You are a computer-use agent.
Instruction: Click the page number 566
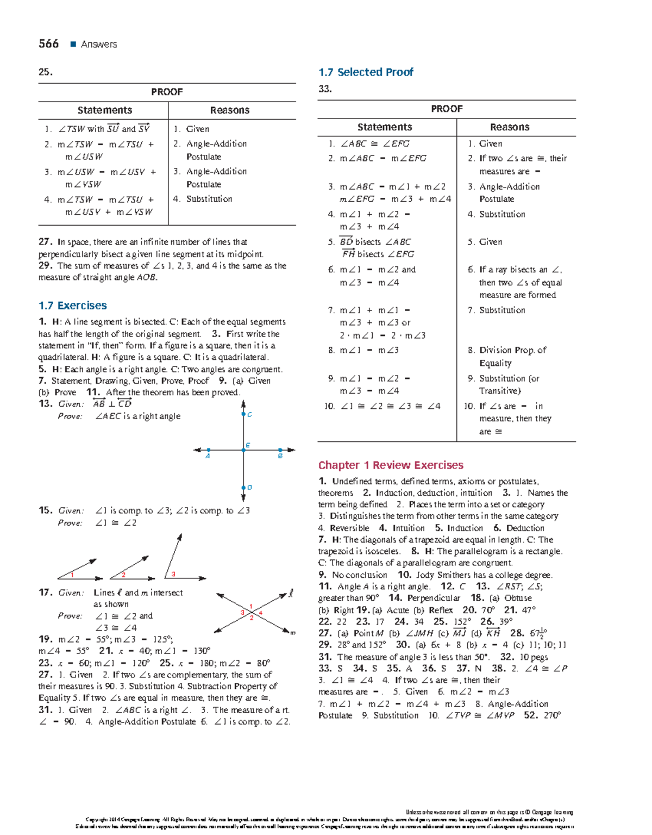48,44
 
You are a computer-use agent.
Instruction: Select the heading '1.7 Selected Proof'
365,72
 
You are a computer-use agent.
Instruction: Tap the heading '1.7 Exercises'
72,306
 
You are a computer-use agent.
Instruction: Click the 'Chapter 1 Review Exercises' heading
391,465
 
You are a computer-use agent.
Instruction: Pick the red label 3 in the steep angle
173,574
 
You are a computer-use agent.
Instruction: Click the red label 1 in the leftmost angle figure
72,575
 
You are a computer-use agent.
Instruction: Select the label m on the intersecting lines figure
292,633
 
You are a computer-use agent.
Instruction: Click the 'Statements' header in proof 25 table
104,110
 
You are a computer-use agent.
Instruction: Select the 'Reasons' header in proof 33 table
509,127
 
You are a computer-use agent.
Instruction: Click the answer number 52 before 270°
530,715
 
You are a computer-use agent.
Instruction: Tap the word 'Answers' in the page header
99,45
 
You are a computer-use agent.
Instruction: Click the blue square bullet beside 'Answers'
73,45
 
